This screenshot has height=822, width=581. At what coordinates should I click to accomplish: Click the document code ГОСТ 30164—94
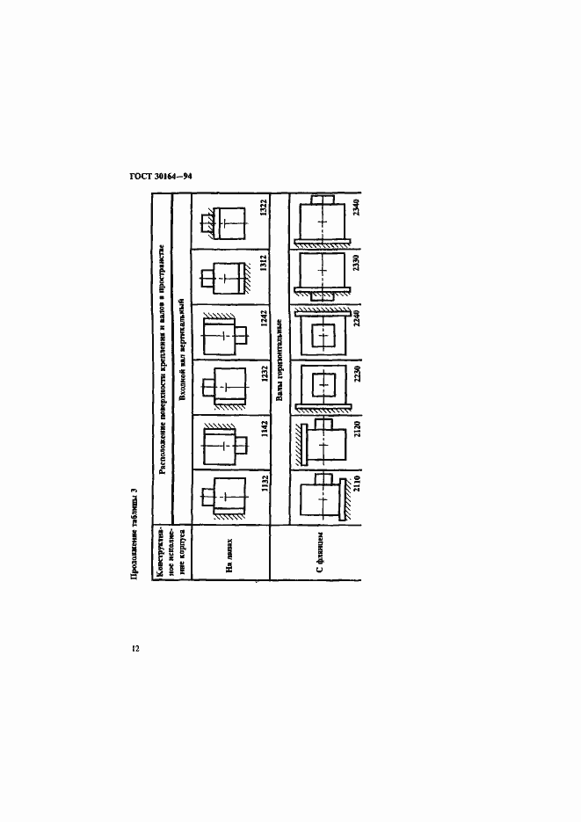click(x=161, y=176)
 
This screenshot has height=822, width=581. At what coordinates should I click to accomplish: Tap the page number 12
click(x=135, y=649)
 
